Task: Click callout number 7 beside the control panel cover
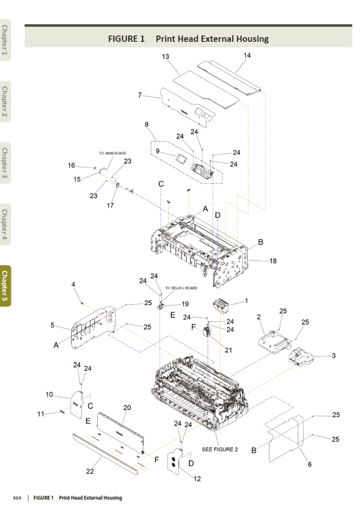click(140, 95)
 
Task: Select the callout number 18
click(273, 261)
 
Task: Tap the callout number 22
click(90, 472)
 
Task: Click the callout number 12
click(197, 479)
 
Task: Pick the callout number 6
click(309, 464)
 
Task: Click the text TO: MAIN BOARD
click(110, 153)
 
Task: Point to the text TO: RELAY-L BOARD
click(181, 288)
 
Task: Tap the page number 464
click(17, 498)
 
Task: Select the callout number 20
click(127, 408)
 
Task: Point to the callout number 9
click(157, 150)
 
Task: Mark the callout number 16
click(71, 166)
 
